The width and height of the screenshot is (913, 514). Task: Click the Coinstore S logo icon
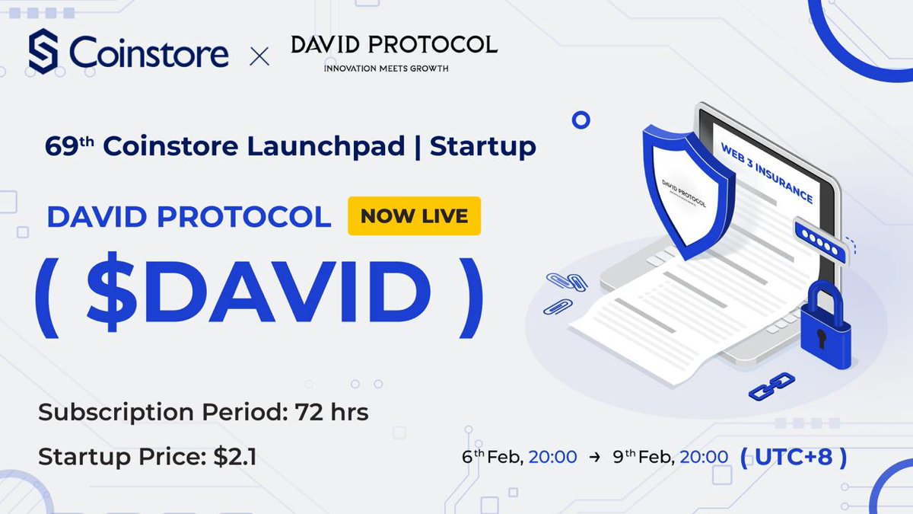click(x=44, y=52)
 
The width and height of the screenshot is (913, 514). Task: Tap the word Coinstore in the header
click(x=149, y=53)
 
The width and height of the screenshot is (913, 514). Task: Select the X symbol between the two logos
click(x=259, y=56)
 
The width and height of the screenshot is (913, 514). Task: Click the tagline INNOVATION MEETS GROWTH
click(x=386, y=69)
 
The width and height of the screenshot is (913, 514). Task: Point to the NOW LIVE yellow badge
click(x=414, y=215)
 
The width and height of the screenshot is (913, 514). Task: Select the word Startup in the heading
click(x=482, y=146)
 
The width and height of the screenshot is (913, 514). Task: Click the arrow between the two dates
click(x=590, y=458)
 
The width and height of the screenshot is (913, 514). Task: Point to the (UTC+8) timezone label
click(x=793, y=457)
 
